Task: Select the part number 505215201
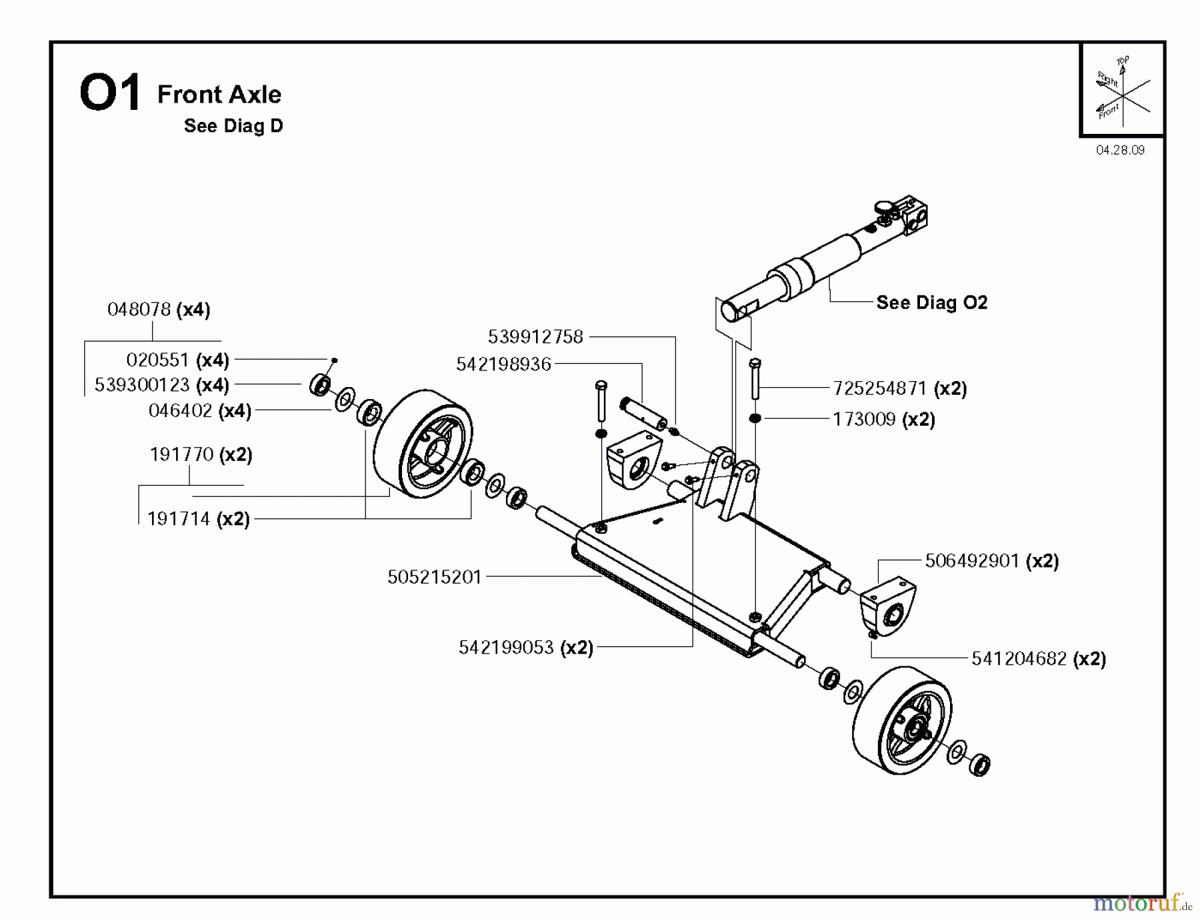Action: tap(434, 577)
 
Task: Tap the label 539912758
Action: tap(535, 336)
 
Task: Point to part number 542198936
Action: tap(503, 364)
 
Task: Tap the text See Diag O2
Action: tap(931, 302)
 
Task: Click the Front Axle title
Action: tap(219, 94)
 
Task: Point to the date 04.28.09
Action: tap(1120, 150)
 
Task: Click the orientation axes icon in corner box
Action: tap(1122, 90)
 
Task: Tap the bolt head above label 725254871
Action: tap(755, 364)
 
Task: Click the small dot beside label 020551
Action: tap(335, 360)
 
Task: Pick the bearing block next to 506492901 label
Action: tap(887, 607)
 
